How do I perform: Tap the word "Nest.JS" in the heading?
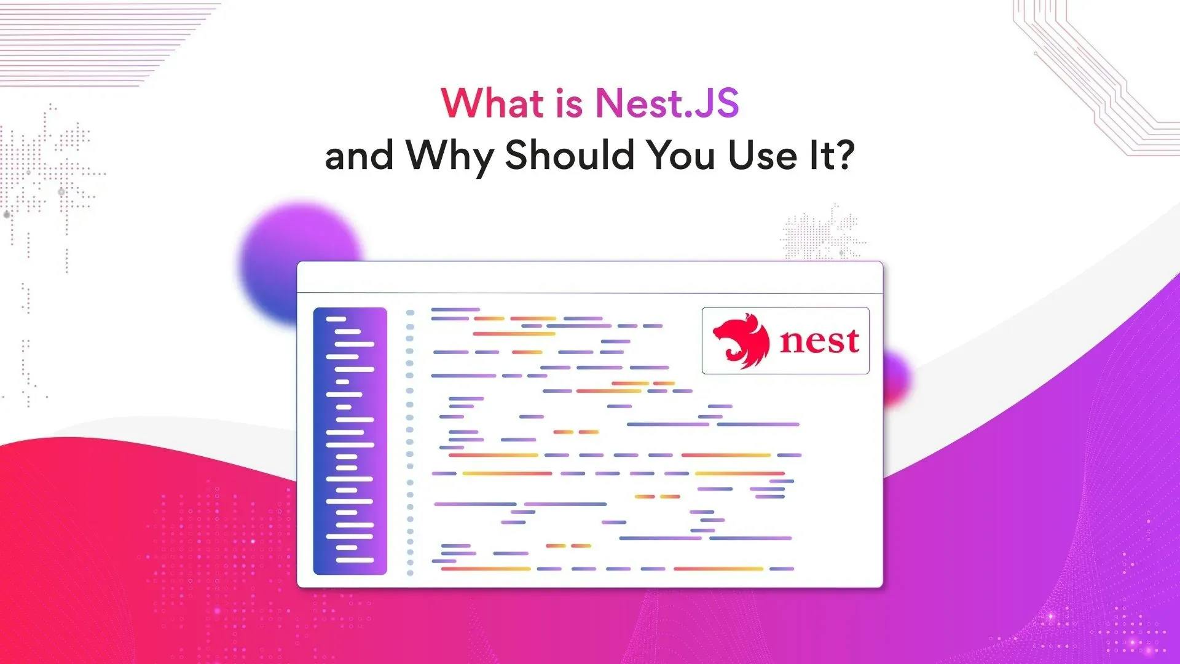[x=667, y=103]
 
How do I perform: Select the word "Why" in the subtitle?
[x=450, y=156]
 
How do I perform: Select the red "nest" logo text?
[x=819, y=341]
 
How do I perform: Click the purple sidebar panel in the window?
[x=350, y=441]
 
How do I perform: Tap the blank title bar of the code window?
[x=589, y=277]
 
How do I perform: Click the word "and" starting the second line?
[x=359, y=156]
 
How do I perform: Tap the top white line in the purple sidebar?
[x=336, y=319]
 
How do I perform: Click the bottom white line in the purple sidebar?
[x=355, y=560]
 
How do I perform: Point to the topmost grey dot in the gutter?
[x=410, y=313]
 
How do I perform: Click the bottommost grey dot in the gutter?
[x=410, y=573]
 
